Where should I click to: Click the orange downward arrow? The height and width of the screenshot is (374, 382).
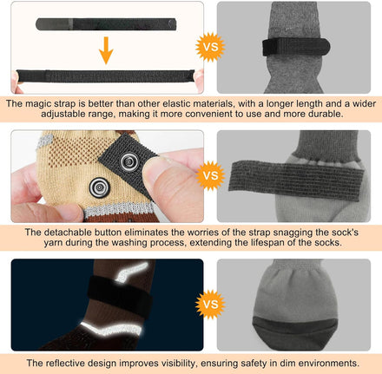[x=106, y=50]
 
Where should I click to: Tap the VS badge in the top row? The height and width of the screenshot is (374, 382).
[x=210, y=47]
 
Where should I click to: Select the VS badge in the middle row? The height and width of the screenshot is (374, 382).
[x=210, y=175]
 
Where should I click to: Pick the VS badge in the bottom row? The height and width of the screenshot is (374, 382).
[x=210, y=305]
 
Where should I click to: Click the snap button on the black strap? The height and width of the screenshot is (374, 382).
[x=128, y=161]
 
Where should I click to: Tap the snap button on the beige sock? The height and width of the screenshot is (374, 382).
[x=100, y=187]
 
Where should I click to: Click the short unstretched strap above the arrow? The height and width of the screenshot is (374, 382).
[x=106, y=24]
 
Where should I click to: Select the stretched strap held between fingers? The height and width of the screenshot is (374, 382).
[x=105, y=76]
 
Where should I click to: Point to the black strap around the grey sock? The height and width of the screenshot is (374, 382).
[x=296, y=47]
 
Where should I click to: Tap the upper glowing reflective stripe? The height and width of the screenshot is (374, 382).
[x=131, y=271]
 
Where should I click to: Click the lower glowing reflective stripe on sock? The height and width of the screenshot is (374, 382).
[x=111, y=328]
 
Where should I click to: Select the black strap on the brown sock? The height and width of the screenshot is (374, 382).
[x=120, y=297]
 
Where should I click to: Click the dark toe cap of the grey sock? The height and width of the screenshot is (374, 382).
[x=294, y=332]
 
